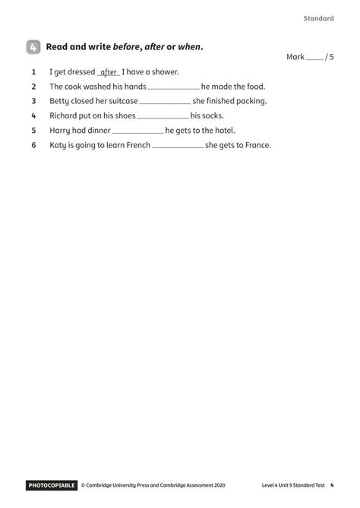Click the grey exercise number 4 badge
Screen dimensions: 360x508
click(x=33, y=47)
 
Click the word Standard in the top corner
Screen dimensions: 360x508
click(x=318, y=18)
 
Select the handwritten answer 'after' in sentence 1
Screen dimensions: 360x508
click(x=109, y=72)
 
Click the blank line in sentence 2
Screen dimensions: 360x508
click(x=174, y=87)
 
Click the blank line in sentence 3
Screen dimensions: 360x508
click(x=165, y=102)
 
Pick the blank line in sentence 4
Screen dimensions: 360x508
click(x=163, y=116)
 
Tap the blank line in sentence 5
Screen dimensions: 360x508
click(x=137, y=131)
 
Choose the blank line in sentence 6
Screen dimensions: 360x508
click(x=178, y=145)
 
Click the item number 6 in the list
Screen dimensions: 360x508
click(x=34, y=144)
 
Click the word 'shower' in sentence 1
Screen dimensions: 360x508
click(x=163, y=72)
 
